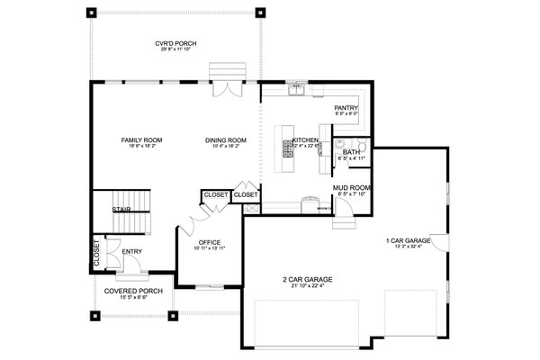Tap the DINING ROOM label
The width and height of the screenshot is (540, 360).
pos(225,140)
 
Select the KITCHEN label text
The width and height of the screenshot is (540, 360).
pos(304,140)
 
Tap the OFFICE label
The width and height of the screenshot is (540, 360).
pos(210,242)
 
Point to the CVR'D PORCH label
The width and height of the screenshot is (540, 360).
pos(176,44)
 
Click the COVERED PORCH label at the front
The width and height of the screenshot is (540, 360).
pos(132,292)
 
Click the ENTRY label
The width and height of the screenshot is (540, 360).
pos(131,251)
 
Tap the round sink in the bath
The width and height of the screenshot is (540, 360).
pos(339,143)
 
